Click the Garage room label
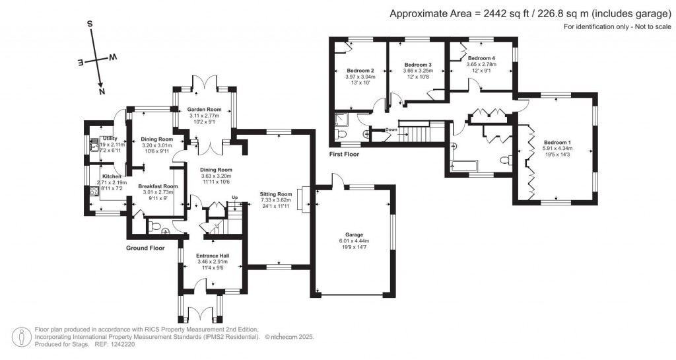pyautogui.click(x=354, y=234)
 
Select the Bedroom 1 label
pyautogui.click(x=557, y=142)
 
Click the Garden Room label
pyautogui.click(x=203, y=110)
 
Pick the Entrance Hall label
pyautogui.click(x=213, y=256)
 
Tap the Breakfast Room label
pyautogui.click(x=158, y=187)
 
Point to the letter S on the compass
pyautogui.click(x=90, y=24)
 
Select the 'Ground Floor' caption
pyautogui.click(x=145, y=248)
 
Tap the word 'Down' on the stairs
pyautogui.click(x=391, y=129)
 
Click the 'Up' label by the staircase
pyautogui.click(x=234, y=198)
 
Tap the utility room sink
pyautogui.click(x=93, y=144)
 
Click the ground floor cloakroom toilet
pyautogui.click(x=154, y=227)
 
